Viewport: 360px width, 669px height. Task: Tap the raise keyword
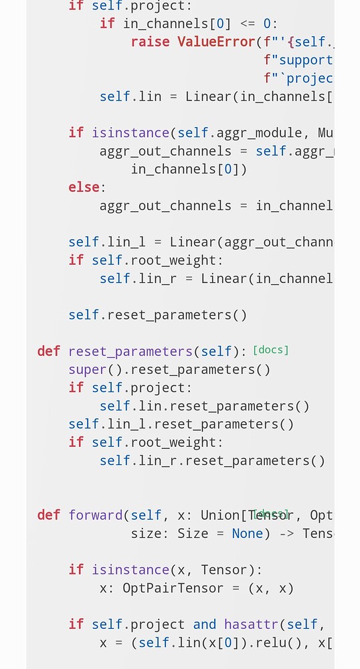(151, 41)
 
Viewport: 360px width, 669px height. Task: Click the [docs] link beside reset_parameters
(270, 350)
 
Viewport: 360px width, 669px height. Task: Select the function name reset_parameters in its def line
(130, 351)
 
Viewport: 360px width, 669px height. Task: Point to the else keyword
(84, 187)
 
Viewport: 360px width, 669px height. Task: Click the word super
(88, 369)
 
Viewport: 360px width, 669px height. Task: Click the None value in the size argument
(248, 533)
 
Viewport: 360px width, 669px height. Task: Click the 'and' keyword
(205, 624)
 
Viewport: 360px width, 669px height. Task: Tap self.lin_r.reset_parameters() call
(212, 460)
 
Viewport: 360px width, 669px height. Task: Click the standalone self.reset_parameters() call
(157, 314)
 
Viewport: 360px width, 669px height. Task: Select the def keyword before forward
(48, 515)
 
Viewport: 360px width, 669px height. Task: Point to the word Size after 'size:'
(193, 533)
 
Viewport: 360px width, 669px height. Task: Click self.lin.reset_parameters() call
(204, 406)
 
